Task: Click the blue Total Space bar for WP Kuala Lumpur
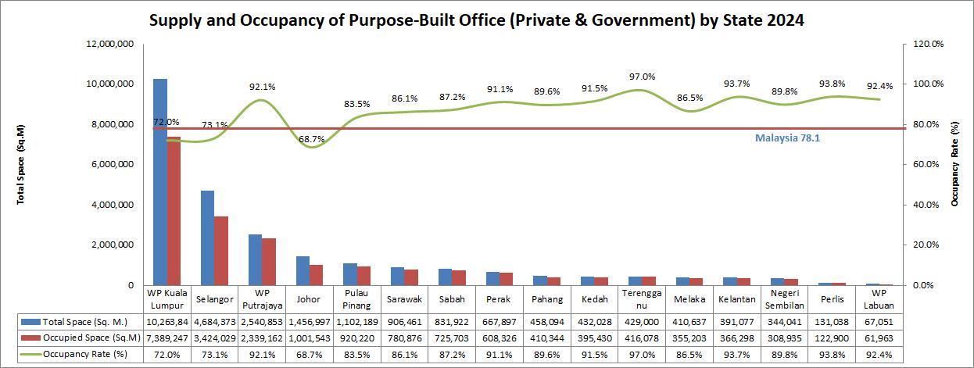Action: click(x=160, y=182)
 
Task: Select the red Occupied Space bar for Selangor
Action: click(x=221, y=251)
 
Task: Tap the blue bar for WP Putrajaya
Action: click(x=256, y=260)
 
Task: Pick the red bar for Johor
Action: click(x=316, y=275)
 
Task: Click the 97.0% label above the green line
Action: click(x=643, y=77)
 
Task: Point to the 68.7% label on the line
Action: click(x=311, y=139)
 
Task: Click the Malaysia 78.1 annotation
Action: click(x=787, y=138)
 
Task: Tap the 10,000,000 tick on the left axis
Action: click(x=110, y=84)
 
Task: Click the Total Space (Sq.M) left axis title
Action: click(x=20, y=164)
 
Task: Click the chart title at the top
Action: click(x=477, y=20)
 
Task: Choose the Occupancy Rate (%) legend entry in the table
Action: click(x=73, y=354)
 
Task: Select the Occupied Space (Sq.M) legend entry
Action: click(x=81, y=338)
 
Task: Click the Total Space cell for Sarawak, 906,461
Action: click(x=404, y=322)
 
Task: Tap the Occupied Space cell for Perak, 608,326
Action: click(x=500, y=338)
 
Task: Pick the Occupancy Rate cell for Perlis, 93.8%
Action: click(x=832, y=355)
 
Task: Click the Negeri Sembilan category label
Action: click(x=784, y=299)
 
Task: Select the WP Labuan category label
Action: click(x=879, y=299)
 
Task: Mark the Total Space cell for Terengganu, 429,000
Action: click(x=642, y=322)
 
